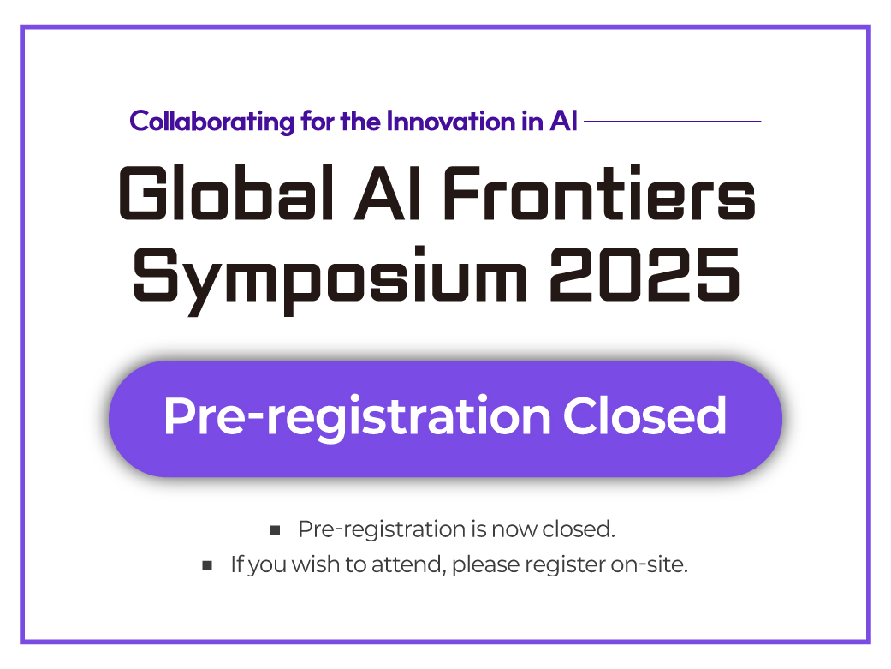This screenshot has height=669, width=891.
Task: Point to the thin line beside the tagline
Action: click(672, 122)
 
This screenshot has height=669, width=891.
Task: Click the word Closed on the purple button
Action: click(644, 416)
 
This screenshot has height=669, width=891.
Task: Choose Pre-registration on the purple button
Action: click(356, 418)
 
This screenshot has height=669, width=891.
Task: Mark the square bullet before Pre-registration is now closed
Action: click(275, 531)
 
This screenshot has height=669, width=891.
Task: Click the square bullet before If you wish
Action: click(207, 566)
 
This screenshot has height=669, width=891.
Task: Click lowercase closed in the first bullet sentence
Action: click(579, 529)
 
